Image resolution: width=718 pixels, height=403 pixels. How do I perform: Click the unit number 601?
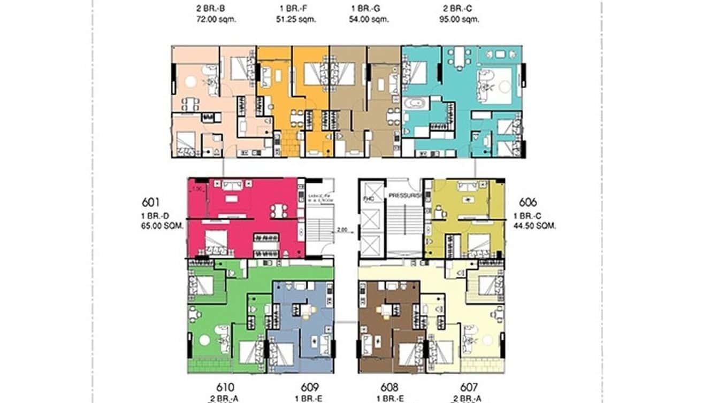(x=152, y=203)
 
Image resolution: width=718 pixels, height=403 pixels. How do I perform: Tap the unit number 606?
(x=528, y=203)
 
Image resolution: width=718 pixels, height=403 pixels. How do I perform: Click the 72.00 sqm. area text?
(x=216, y=19)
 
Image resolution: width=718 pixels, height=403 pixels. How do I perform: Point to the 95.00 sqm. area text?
(x=460, y=19)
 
